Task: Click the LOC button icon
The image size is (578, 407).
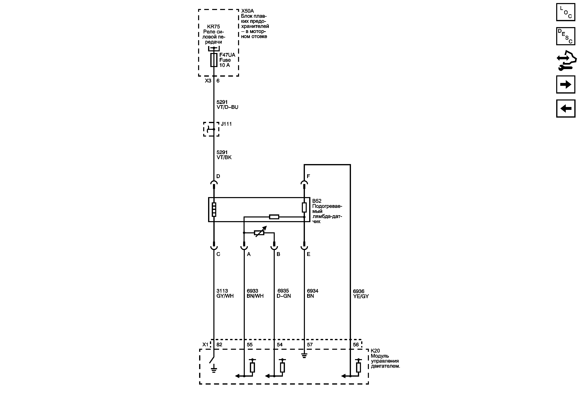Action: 566,12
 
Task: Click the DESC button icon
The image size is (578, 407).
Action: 566,36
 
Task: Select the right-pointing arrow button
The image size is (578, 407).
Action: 566,85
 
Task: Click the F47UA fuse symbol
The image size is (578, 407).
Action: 214,60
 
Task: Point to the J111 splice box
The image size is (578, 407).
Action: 211,129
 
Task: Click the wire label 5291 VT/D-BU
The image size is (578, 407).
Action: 227,105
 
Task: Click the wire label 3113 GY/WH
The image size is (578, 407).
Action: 225,293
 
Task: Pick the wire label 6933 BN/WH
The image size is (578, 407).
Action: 255,293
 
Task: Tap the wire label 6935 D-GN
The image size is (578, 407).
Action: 284,293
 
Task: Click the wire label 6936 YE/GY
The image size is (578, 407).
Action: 361,294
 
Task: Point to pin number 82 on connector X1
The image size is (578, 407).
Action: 219,345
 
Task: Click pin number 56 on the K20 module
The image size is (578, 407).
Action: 356,345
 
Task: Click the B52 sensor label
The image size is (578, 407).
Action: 317,201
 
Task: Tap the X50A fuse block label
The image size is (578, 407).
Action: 247,11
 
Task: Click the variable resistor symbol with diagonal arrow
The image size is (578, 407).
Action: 259,233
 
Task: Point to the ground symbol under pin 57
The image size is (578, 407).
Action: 304,356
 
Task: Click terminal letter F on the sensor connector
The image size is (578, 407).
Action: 308,176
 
